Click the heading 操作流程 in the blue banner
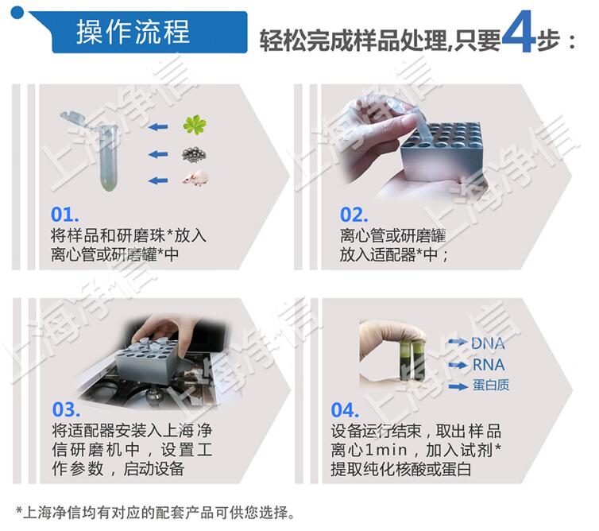coord(133,32)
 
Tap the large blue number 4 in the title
coord(517,33)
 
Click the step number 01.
coord(65,215)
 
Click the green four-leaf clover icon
coord(194,125)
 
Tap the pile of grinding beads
coord(194,153)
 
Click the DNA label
coord(487,343)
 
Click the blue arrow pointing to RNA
coord(457,365)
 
